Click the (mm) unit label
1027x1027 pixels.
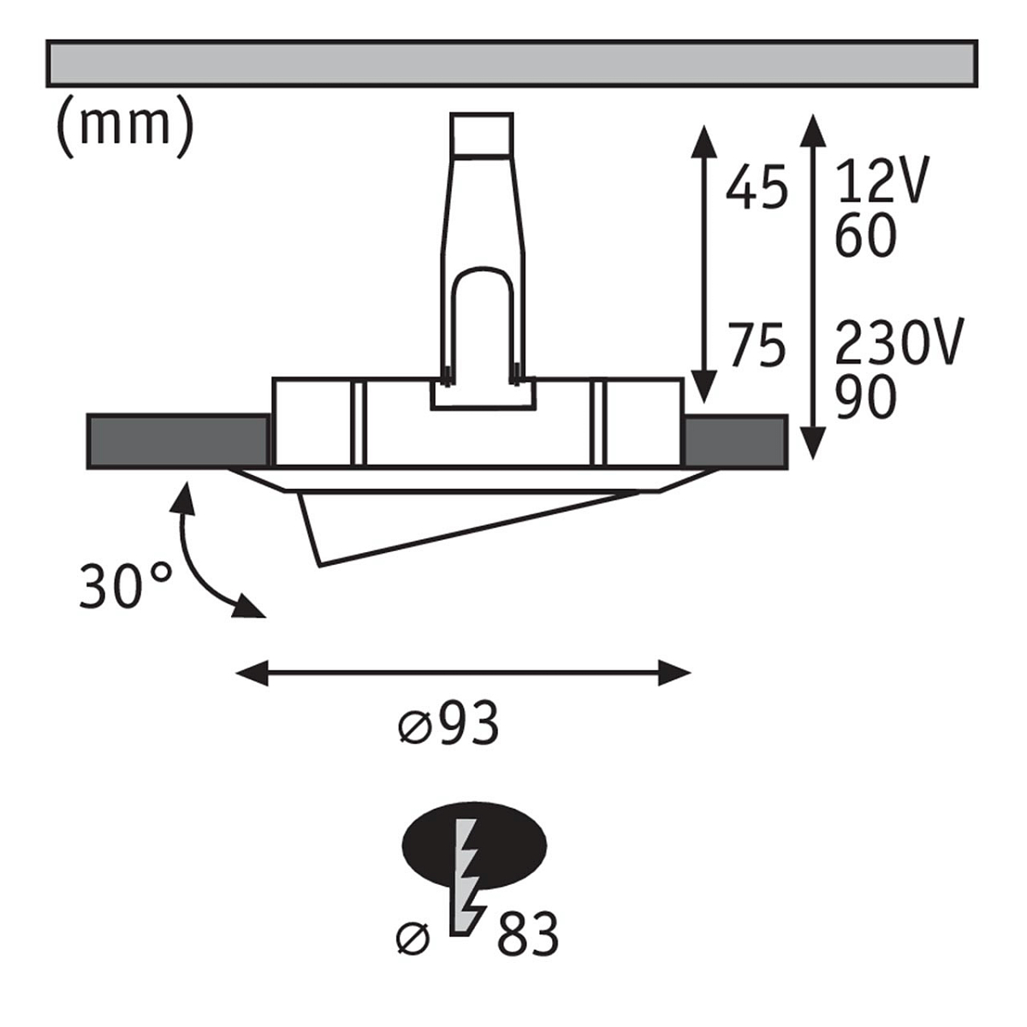coord(125,127)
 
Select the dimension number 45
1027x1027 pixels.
coord(757,187)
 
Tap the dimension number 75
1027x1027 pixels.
coord(757,344)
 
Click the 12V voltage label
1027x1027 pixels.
coord(882,179)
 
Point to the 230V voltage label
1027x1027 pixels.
coord(899,341)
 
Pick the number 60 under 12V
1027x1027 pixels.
coord(865,235)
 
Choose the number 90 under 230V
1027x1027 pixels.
coord(865,396)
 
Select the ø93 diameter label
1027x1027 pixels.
coord(448,724)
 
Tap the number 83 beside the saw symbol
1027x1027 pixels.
coord(528,935)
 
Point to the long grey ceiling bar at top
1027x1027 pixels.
coord(512,62)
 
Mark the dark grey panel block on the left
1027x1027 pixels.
coord(177,441)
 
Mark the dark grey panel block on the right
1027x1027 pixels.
coord(736,441)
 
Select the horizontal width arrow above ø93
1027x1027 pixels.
coord(463,673)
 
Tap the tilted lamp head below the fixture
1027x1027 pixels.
coord(469,528)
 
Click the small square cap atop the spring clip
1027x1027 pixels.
coord(481,135)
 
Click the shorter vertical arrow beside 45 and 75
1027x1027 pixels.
coord(703,264)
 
